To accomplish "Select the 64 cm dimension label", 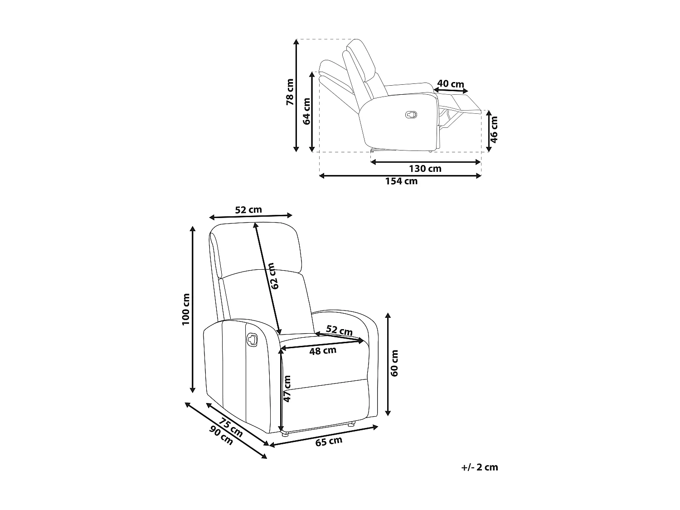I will (306, 111).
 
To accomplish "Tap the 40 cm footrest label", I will (451, 84).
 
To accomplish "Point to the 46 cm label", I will (494, 129).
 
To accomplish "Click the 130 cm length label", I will (425, 169).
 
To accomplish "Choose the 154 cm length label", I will (401, 181).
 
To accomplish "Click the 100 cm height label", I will (186, 309).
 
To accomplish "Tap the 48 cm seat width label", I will (322, 350).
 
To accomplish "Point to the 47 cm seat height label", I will (287, 389).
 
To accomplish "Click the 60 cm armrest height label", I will (394, 363).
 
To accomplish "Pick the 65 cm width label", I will (329, 441).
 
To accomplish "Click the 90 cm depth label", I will (222, 436).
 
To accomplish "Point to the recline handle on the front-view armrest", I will (252, 339).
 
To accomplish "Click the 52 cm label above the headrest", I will (248, 210).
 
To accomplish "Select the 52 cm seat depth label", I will (340, 331).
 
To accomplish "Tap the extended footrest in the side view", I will (460, 102).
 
